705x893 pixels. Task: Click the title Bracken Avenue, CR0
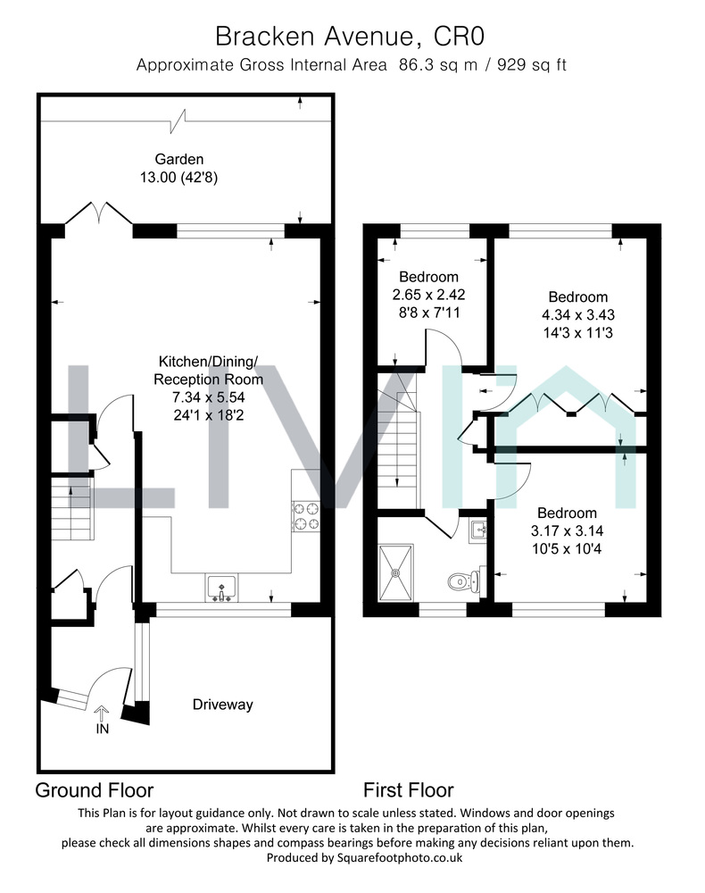click(350, 37)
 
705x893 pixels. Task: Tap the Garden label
click(179, 160)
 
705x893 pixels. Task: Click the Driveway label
click(222, 705)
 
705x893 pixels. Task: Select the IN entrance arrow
click(102, 713)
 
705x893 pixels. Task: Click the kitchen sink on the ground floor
click(222, 588)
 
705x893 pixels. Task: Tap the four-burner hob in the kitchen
click(306, 516)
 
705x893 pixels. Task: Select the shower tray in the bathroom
click(396, 572)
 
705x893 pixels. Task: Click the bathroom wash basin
click(478, 530)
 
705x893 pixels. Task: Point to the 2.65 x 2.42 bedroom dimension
click(428, 295)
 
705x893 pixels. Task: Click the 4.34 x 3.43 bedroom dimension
click(578, 314)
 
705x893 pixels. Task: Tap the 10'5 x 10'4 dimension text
click(566, 548)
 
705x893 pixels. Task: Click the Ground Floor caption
click(95, 790)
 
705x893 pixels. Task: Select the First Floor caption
click(409, 790)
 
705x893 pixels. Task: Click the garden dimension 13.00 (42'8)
click(179, 177)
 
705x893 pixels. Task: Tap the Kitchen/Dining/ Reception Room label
click(208, 371)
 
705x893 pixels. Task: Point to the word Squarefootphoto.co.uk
click(400, 857)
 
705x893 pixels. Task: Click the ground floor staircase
click(73, 509)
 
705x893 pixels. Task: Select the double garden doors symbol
click(99, 213)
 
